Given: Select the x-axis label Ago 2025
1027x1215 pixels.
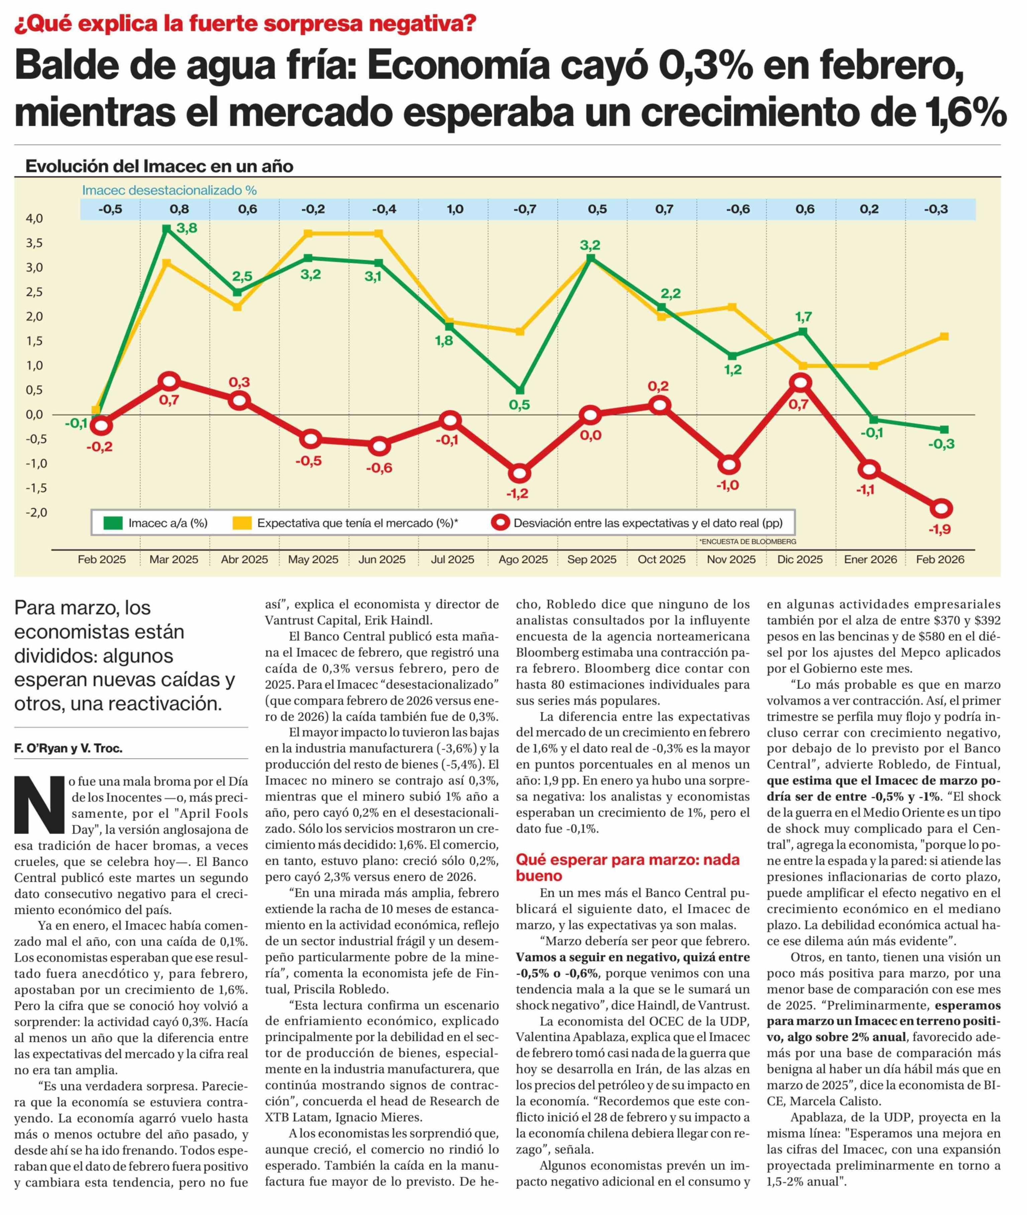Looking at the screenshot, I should click(523, 560).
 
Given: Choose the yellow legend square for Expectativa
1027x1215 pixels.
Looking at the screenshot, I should click(242, 523).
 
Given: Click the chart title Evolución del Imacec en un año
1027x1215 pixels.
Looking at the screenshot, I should click(159, 167).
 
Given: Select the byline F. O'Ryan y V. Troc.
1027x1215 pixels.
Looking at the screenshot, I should click(68, 748).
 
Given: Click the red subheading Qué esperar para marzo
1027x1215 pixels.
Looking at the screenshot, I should click(627, 868).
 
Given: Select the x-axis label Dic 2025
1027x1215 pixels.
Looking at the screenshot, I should click(800, 560).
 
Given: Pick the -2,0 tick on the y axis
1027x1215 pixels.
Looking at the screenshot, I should click(34, 512).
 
